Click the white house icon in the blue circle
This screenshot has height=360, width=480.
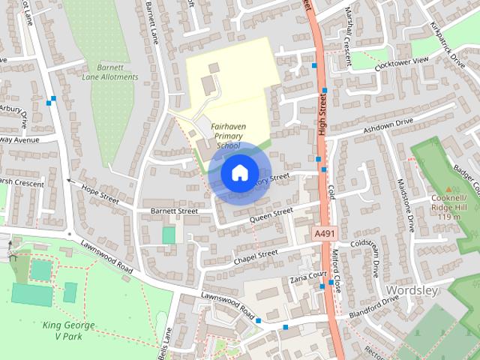pos(238,173)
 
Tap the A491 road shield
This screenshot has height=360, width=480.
pos(324,235)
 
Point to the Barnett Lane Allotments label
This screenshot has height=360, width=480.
pos(110,71)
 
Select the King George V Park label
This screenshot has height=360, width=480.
pos(68,331)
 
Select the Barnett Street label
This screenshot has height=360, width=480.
pos(172,211)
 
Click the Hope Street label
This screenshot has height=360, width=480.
pos(100,195)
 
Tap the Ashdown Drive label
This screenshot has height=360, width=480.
pos(388,125)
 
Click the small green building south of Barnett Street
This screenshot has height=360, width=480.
pos(169,235)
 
